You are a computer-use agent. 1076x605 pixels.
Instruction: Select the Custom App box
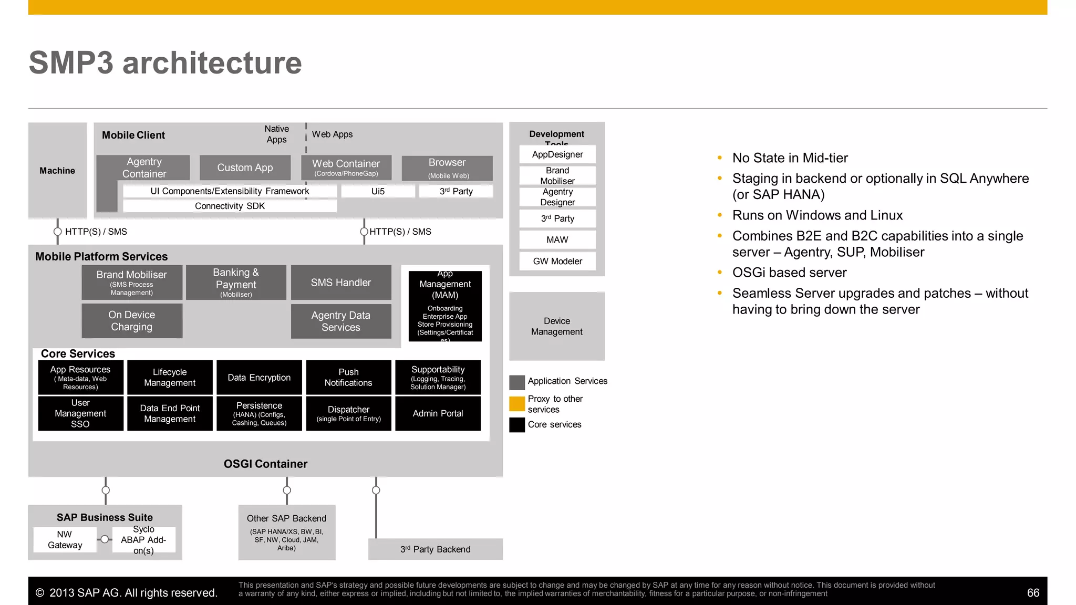tap(245, 168)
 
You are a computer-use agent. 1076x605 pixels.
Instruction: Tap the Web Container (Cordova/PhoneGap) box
tap(346, 168)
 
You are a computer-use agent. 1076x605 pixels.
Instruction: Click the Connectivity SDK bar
tap(230, 206)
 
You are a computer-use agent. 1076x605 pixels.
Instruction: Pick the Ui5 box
tap(378, 191)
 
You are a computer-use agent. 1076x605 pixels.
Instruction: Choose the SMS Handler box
tap(340, 283)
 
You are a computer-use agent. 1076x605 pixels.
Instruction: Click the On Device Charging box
tap(132, 321)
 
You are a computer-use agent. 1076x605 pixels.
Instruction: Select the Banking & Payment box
tap(236, 283)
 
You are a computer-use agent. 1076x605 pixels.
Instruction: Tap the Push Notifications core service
tap(348, 377)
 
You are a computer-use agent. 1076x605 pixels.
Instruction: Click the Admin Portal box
tap(438, 413)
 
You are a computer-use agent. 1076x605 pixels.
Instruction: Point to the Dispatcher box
tap(348, 413)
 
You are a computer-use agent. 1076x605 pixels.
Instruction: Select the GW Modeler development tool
tap(557, 261)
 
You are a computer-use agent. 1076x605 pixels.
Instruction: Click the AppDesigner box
tap(557, 154)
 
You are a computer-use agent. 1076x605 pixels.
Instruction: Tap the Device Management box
tap(557, 326)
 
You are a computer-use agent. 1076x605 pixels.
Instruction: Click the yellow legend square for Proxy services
tap(517, 404)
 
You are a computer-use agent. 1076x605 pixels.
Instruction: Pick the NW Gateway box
tap(65, 540)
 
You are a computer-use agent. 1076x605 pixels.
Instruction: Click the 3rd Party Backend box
tap(435, 549)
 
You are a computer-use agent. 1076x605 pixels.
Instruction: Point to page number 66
tap(1033, 593)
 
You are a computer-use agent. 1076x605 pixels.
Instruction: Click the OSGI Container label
tap(265, 464)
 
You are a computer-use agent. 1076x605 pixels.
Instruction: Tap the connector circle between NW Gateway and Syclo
tap(105, 539)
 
